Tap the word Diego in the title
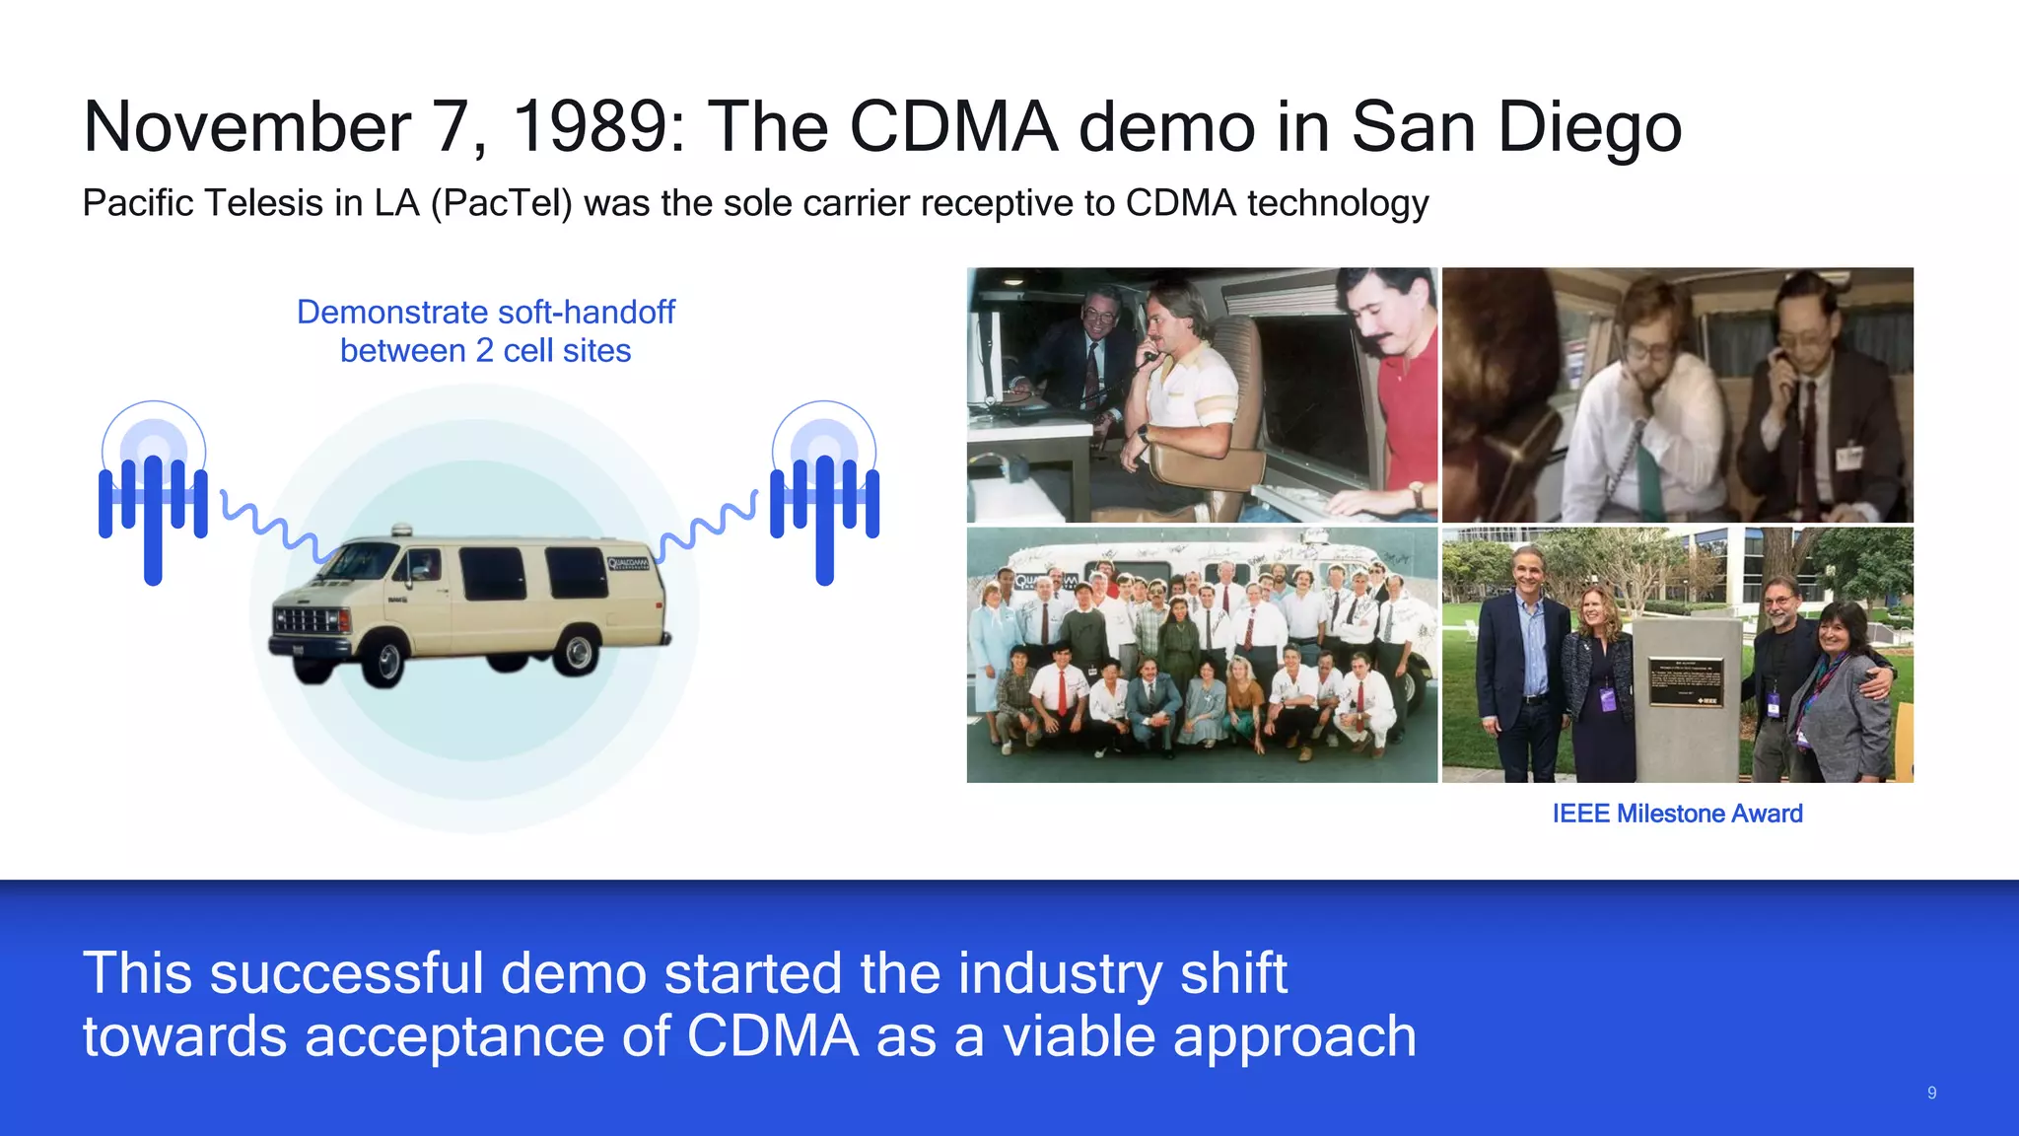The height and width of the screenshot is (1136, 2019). [1589, 127]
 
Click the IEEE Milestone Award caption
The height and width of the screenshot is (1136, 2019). [1677, 814]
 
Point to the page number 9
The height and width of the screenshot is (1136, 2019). [1931, 1093]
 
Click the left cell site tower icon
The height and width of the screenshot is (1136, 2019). [153, 493]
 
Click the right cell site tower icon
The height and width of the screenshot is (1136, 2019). [824, 493]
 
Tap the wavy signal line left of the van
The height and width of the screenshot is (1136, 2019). [268, 523]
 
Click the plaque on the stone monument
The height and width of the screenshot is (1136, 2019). [1686, 680]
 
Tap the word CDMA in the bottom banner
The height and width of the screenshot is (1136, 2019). [772, 1036]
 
